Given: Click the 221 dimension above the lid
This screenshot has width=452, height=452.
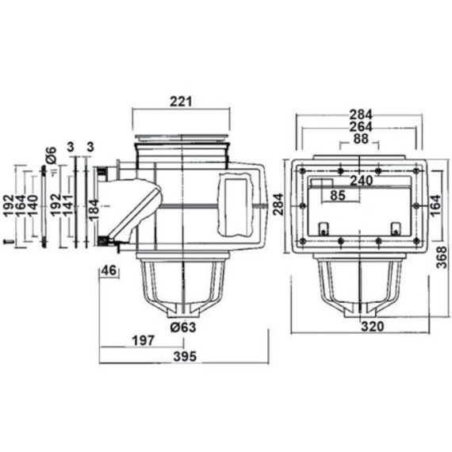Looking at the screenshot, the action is (181, 102).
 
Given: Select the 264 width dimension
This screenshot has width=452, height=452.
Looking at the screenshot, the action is (361, 127).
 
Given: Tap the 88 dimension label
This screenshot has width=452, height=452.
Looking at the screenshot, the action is (361, 139).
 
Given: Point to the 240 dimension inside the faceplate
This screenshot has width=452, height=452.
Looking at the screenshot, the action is (361, 181).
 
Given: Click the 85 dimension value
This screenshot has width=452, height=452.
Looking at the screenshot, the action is (338, 195).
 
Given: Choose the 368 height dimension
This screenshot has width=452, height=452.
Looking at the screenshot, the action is (442, 258).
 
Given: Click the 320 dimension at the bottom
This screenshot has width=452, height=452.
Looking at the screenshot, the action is (373, 327).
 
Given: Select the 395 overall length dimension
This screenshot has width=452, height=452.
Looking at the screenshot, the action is (185, 357).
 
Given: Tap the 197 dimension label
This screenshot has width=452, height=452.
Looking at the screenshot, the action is (144, 341).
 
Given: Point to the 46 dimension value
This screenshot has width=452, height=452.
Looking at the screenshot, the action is (109, 270).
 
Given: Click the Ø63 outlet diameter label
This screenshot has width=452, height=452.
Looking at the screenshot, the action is (182, 328).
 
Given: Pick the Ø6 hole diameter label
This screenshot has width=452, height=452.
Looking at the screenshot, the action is (52, 155).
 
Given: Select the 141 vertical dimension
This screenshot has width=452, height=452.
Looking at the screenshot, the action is (68, 205).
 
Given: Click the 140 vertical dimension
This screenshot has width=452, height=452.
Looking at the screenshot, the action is (33, 206).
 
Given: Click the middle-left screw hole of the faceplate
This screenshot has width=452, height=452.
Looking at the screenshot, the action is (302, 206).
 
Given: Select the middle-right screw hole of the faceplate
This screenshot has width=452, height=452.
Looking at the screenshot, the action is (416, 206).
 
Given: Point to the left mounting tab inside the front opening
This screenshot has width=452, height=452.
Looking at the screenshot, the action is (324, 228).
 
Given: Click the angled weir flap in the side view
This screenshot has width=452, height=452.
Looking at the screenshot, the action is (136, 210).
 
